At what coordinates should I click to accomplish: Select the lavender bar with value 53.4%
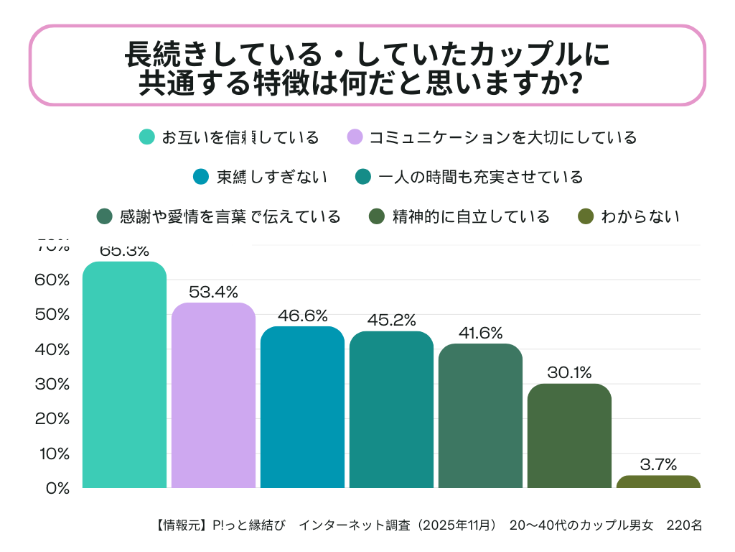tap(214, 395)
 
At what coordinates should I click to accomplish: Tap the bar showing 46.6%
tap(302, 407)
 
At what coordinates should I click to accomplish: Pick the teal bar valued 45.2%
tap(391, 410)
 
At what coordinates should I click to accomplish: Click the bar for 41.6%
tap(480, 415)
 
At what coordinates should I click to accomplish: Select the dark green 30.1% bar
tap(569, 436)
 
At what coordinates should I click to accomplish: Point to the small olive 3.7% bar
tap(658, 482)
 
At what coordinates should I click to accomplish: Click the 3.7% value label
tap(658, 464)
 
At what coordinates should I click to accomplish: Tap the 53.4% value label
tap(214, 292)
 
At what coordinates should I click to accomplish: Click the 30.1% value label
tap(569, 372)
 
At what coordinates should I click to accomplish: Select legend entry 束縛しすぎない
tap(272, 177)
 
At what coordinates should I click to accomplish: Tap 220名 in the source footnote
tap(684, 525)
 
